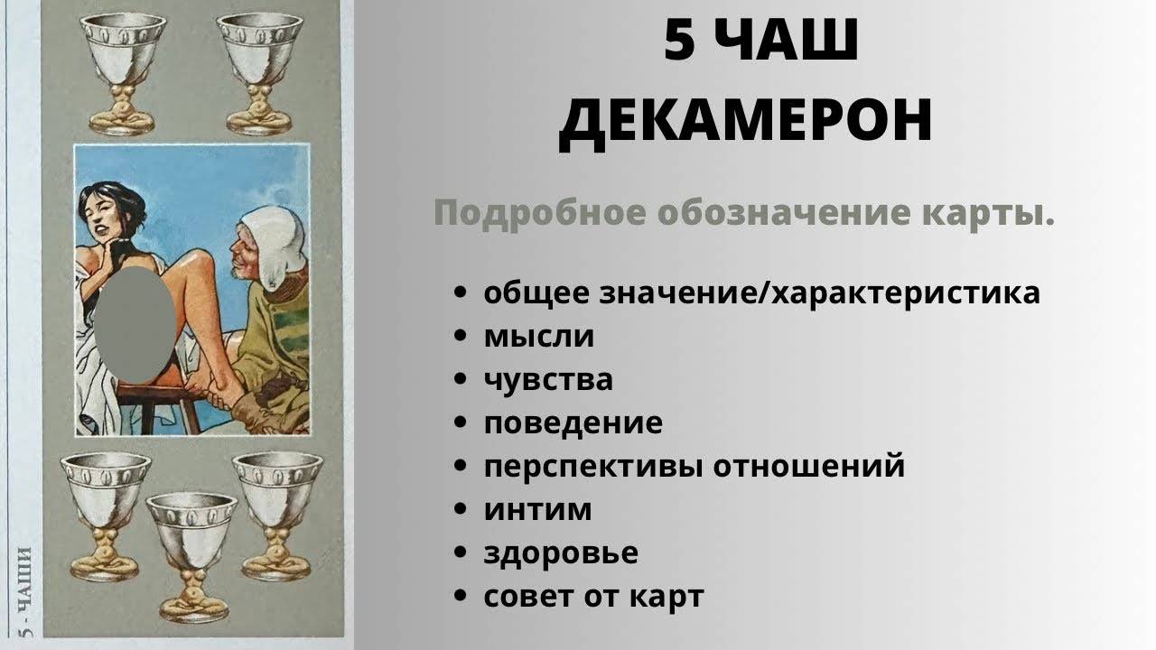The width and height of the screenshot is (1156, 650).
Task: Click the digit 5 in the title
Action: tap(680, 41)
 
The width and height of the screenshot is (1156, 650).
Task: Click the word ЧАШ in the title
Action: tap(788, 41)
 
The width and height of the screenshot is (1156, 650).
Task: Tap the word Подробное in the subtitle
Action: tap(540, 213)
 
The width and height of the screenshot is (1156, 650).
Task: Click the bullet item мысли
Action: tap(539, 337)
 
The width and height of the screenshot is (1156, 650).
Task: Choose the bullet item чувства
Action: tap(548, 380)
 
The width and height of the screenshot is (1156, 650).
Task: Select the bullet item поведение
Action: tap(573, 423)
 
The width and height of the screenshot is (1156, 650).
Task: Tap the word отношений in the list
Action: tap(809, 466)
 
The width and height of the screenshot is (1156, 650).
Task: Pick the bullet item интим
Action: tap(537, 510)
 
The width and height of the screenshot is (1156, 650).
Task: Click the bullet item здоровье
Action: tap(561, 553)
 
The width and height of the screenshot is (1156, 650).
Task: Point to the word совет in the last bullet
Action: tap(529, 597)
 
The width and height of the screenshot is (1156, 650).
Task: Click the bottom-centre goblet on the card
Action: tap(192, 557)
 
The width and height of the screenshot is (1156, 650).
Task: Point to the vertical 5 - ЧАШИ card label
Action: tap(24, 592)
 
